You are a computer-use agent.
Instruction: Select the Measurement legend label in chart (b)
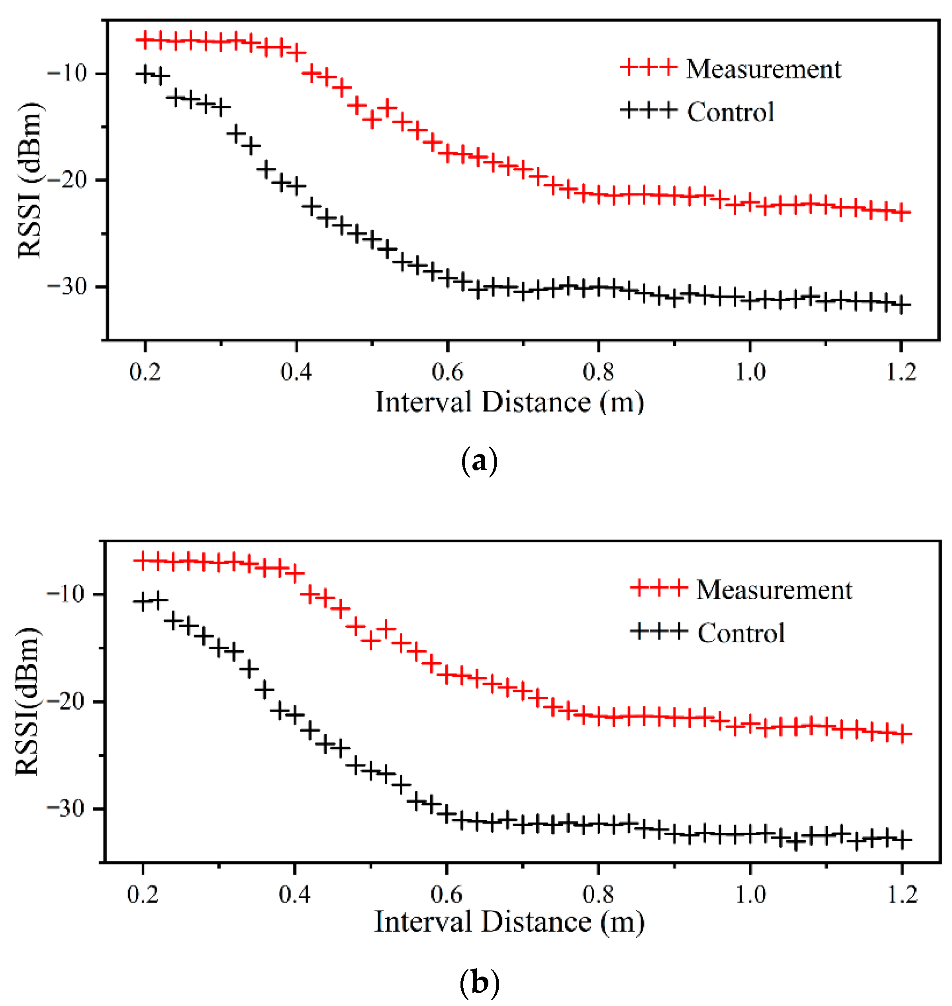[x=774, y=590]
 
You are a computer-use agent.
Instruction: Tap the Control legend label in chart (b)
[x=741, y=633]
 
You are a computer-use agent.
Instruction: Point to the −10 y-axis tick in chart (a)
[x=67, y=74]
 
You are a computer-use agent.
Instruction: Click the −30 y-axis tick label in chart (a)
[x=67, y=287]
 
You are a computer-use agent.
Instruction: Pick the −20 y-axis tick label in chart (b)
[x=66, y=702]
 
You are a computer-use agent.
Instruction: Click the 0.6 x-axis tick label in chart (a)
[x=447, y=373]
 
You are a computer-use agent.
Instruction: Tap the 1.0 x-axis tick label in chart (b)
[x=750, y=895]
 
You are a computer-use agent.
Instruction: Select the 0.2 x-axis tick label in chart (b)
[x=143, y=895]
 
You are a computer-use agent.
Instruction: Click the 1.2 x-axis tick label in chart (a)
[x=901, y=373]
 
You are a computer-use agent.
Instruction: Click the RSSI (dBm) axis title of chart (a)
[x=29, y=180]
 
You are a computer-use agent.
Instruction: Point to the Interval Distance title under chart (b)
[x=509, y=922]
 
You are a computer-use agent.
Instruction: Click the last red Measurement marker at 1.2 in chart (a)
[x=901, y=213]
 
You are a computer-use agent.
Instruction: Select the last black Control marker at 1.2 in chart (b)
[x=902, y=840]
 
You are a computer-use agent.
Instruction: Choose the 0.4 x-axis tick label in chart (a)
[x=296, y=373]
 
